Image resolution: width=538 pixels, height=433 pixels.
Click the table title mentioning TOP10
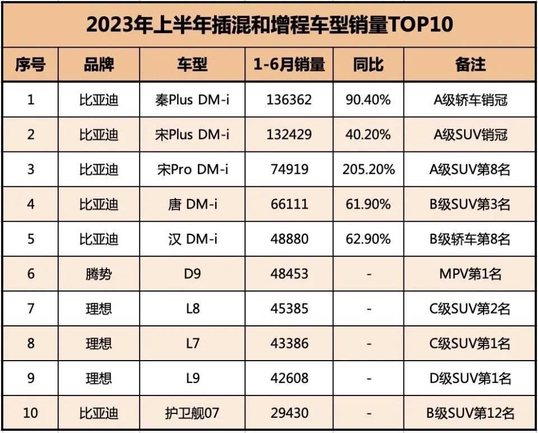(x=269, y=25)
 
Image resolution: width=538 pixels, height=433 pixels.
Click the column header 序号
(x=30, y=65)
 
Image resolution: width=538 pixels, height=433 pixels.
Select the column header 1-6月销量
(x=289, y=65)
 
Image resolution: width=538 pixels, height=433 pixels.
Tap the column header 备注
(x=470, y=65)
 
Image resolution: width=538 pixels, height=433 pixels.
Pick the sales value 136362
(x=289, y=100)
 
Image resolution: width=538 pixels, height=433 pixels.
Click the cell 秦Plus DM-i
(x=192, y=100)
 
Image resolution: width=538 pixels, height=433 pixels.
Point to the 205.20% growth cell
(x=369, y=169)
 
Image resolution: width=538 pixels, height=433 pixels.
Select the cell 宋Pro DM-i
(x=192, y=169)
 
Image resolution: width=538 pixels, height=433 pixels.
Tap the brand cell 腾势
(x=99, y=274)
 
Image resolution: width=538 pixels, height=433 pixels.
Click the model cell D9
(x=192, y=274)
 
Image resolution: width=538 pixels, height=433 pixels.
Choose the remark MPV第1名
(x=470, y=274)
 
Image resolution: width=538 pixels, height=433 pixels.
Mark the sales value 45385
(x=289, y=308)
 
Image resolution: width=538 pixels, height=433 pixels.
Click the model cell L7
(x=192, y=343)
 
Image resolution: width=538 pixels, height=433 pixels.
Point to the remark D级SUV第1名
(x=470, y=378)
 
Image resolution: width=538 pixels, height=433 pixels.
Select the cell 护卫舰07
(x=192, y=413)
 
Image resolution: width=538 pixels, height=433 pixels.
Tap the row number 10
(x=30, y=413)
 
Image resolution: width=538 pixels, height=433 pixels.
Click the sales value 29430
(x=289, y=413)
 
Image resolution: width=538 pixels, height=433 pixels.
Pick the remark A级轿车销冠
(x=470, y=100)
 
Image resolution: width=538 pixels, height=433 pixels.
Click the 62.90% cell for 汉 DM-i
(x=369, y=239)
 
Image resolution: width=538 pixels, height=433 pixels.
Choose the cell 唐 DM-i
(x=192, y=204)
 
